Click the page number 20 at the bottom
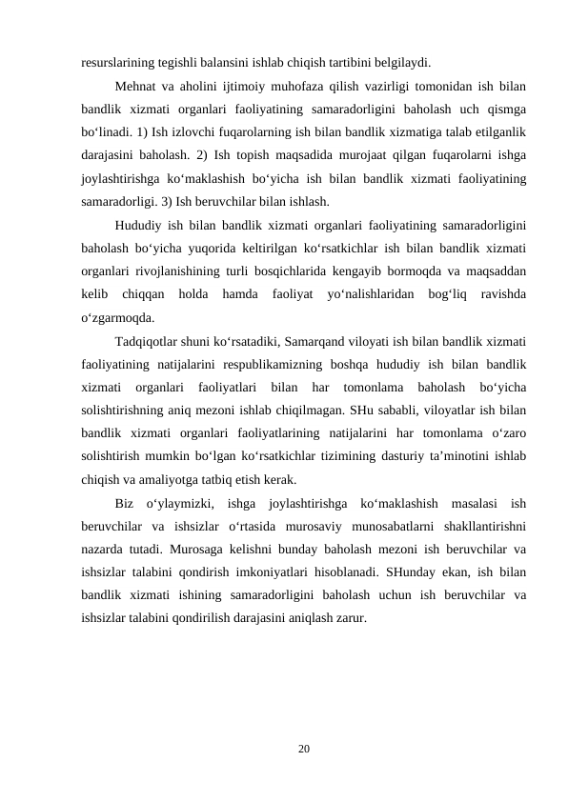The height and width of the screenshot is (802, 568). click(303, 752)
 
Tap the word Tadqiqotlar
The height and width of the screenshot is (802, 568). click(146, 341)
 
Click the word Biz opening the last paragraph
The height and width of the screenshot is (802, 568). click(124, 502)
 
